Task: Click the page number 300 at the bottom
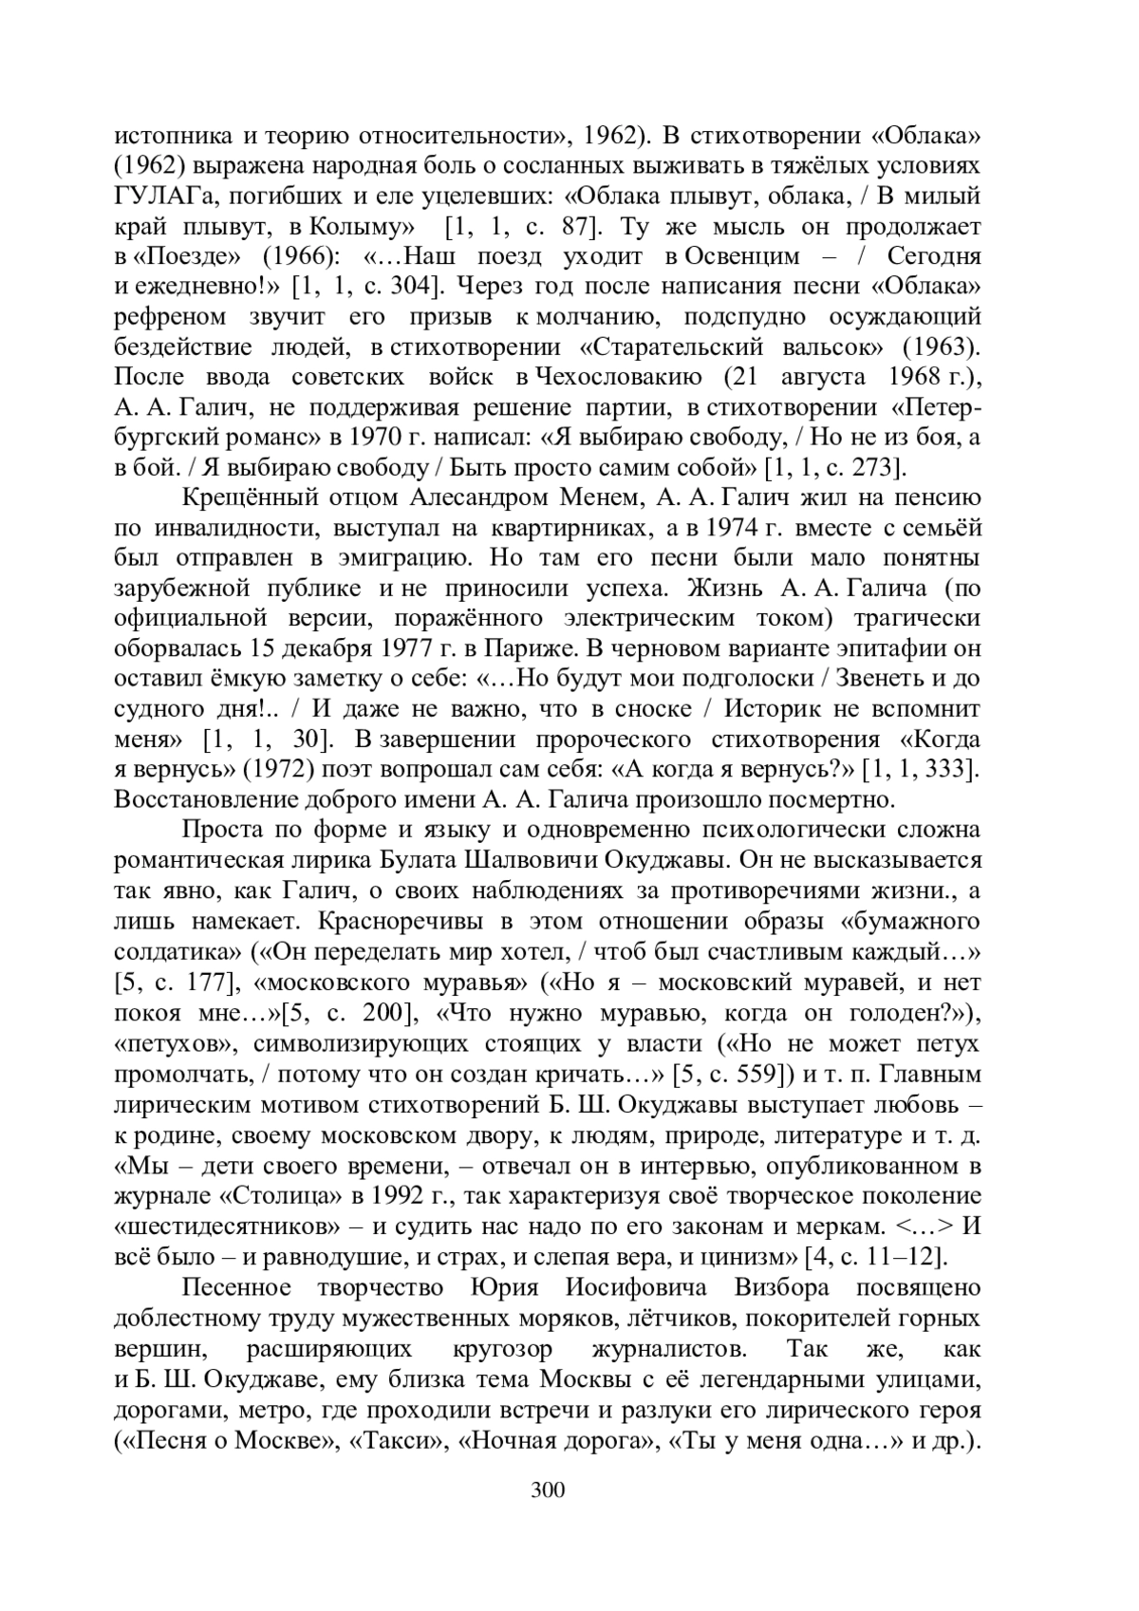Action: [549, 1489]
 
